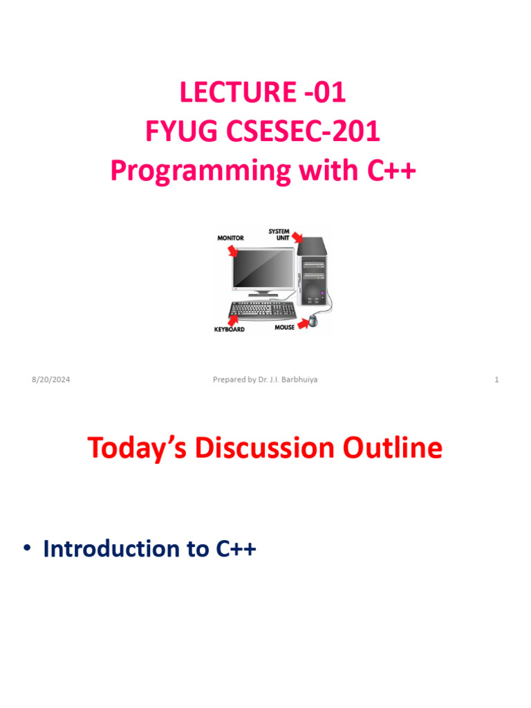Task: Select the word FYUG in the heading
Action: [x=178, y=131]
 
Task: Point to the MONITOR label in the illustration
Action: [x=231, y=238]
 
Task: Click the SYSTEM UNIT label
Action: [x=279, y=234]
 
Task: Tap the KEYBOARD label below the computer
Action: [x=229, y=330]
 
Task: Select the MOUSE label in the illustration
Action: [x=284, y=327]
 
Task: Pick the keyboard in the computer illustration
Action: [x=261, y=309]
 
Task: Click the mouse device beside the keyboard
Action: [x=315, y=320]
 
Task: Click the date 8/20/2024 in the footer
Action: [x=50, y=380]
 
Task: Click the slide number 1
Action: [x=496, y=380]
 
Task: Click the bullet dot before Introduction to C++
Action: [x=28, y=549]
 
